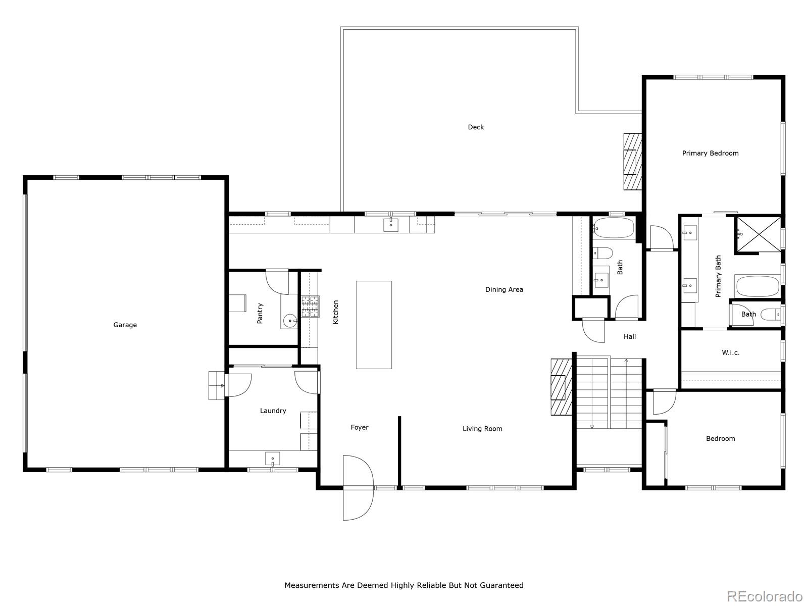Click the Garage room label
pos(125,325)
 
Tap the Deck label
pos(476,127)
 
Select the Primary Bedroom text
pos(710,153)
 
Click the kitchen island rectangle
pos(374,325)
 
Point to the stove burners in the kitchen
pos(311,307)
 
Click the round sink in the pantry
pos(290,321)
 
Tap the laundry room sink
pos(272,459)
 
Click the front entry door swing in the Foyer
pos(358,488)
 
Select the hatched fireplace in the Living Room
pos(561,387)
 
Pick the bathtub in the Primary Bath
pos(757,286)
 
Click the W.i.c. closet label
pos(730,352)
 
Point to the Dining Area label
pos(504,289)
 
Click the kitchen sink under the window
pos(391,225)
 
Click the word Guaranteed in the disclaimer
pos(498,585)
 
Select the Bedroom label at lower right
pos(720,438)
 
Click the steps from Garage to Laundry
pos(217,385)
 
